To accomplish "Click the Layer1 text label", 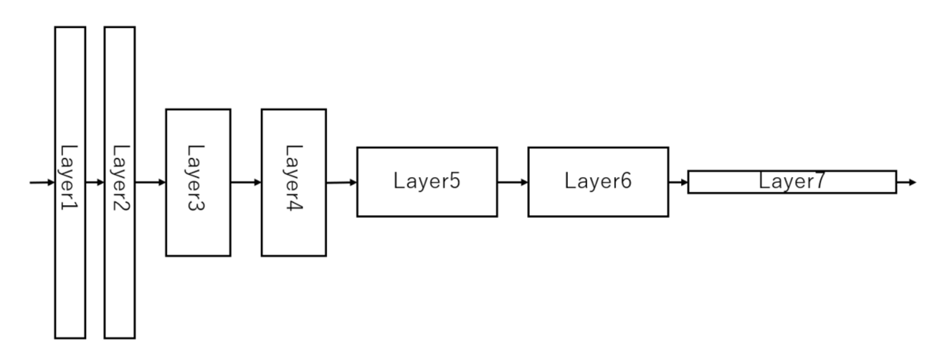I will point(70,182).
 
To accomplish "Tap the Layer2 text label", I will point(119,182).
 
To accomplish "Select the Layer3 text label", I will point(197,182).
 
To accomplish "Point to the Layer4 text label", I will point(293,182).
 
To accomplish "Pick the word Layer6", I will point(598,181).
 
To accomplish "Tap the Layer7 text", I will point(791,181).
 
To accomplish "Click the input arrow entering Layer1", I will point(42,182).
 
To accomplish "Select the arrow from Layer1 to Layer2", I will point(95,182).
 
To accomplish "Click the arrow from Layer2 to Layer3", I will point(150,182).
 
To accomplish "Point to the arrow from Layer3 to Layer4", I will point(246,182).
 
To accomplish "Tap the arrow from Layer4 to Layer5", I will point(341,182).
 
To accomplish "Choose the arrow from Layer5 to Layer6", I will point(513,182).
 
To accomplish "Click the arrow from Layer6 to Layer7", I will point(678,182).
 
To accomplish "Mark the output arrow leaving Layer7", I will point(906,182).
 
